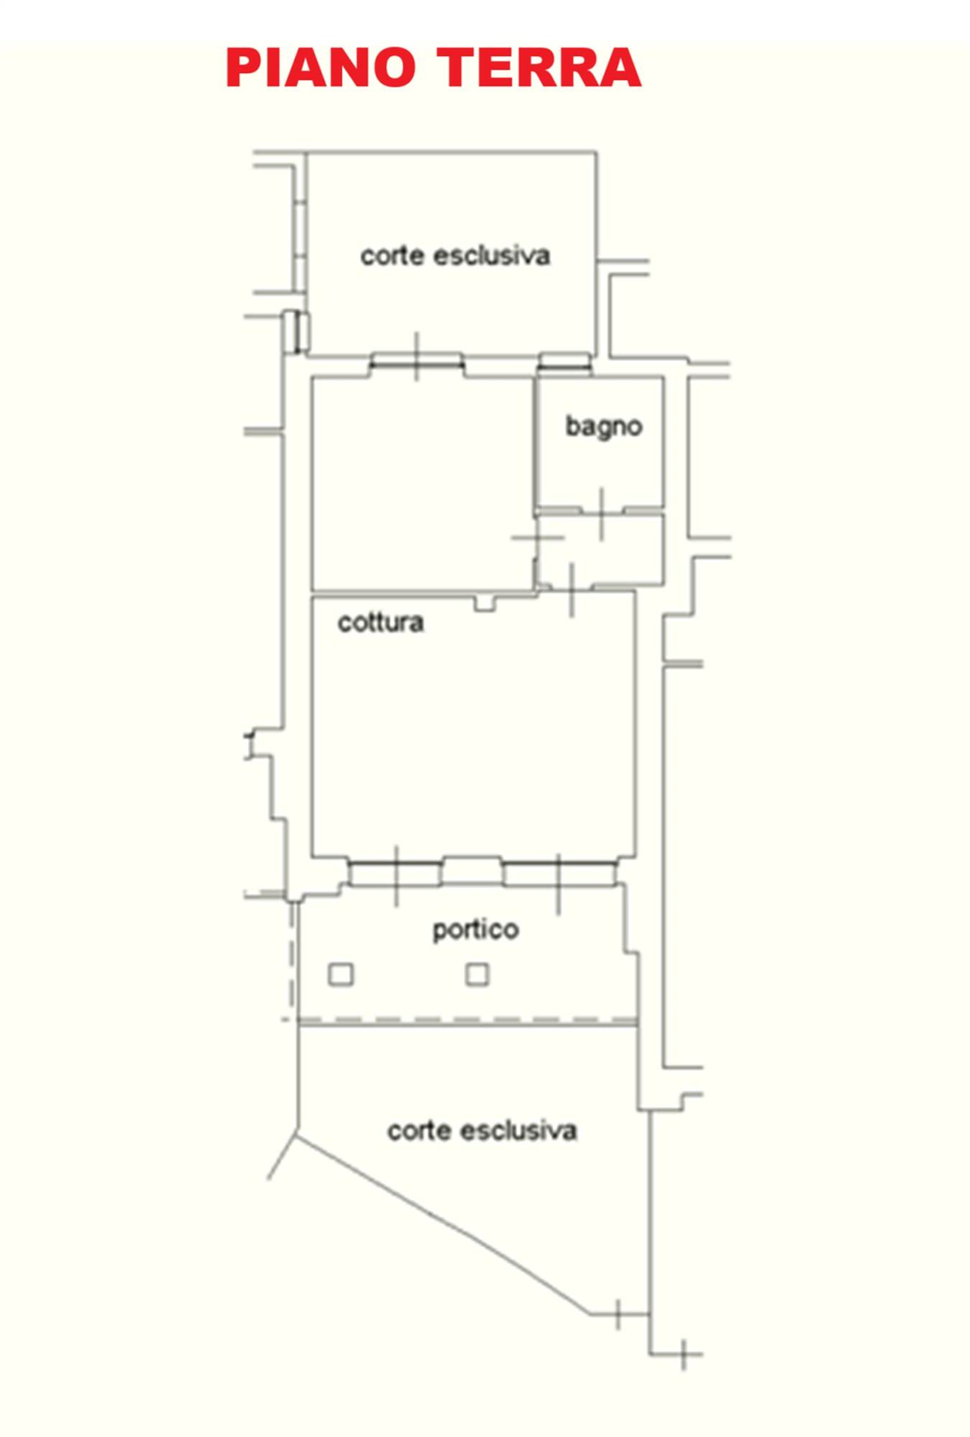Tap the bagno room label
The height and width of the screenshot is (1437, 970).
[604, 427]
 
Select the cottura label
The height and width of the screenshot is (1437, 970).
[381, 622]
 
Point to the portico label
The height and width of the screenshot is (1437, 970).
[476, 930]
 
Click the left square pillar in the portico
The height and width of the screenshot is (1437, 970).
[341, 974]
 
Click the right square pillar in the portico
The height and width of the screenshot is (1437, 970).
[478, 974]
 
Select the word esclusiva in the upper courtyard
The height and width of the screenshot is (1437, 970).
[492, 255]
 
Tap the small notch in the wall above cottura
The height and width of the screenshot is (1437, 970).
[486, 601]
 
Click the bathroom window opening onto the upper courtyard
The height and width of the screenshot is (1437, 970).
[565, 361]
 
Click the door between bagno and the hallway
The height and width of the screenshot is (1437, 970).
[601, 512]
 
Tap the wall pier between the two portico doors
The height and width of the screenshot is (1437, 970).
[472, 871]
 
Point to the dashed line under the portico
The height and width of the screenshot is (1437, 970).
[468, 1020]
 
